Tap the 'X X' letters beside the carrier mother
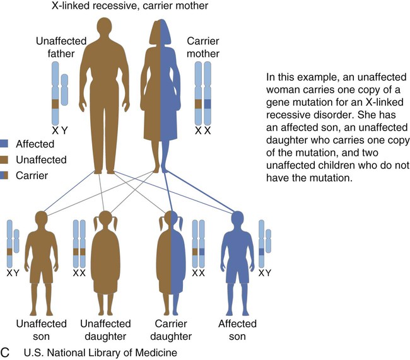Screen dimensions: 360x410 pos(203,131)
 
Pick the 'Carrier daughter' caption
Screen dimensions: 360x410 pos(170,330)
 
